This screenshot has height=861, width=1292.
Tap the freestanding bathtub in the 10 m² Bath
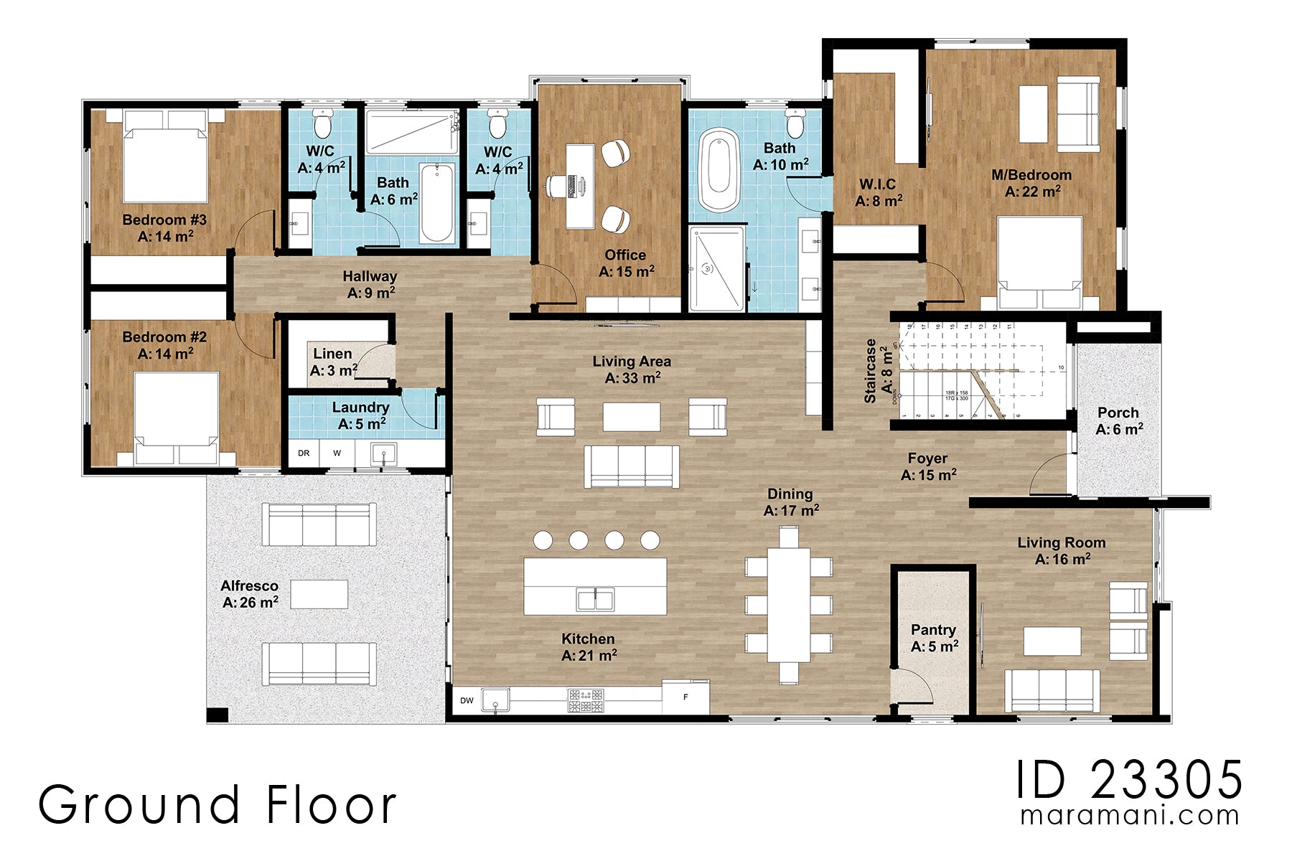(x=718, y=170)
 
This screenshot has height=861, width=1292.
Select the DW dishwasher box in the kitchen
(x=467, y=700)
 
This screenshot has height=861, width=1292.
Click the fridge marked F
(x=685, y=697)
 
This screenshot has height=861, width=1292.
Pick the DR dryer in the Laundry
(x=304, y=453)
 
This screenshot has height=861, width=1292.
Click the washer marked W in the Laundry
(x=337, y=453)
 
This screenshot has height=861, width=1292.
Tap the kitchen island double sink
(x=595, y=598)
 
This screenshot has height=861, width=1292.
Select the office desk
(x=579, y=187)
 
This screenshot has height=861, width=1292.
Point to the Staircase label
(x=871, y=370)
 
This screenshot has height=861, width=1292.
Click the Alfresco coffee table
(x=319, y=594)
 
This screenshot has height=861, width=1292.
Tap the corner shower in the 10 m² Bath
(x=716, y=269)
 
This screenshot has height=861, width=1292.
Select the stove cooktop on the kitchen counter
(x=586, y=700)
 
